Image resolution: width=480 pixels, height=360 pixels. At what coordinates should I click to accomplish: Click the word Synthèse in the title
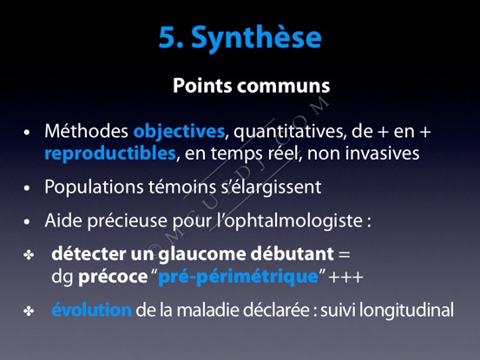click(x=257, y=38)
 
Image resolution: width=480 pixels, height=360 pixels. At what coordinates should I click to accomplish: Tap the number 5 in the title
click(x=168, y=37)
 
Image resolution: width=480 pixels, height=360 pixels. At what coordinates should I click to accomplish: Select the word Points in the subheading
click(x=202, y=85)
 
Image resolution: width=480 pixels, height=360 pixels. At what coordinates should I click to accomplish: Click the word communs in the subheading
click(x=284, y=87)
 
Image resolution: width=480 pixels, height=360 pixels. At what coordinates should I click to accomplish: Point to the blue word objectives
click(x=179, y=132)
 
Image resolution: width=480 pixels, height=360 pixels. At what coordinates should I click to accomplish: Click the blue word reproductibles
click(x=110, y=154)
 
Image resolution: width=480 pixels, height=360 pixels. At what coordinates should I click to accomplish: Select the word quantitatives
click(x=290, y=132)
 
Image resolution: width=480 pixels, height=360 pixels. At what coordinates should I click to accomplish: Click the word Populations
click(x=95, y=187)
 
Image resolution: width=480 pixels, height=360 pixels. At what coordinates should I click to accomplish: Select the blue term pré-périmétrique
click(x=239, y=277)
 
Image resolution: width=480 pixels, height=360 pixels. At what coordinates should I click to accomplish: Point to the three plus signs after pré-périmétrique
click(x=346, y=278)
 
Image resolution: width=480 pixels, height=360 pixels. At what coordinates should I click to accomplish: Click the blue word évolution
click(x=91, y=310)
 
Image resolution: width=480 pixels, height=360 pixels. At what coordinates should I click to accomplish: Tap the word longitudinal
click(x=406, y=311)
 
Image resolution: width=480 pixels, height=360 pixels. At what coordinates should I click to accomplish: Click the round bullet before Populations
click(x=27, y=187)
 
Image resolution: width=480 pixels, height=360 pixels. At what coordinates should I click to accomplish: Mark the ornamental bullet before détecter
click(x=29, y=255)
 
